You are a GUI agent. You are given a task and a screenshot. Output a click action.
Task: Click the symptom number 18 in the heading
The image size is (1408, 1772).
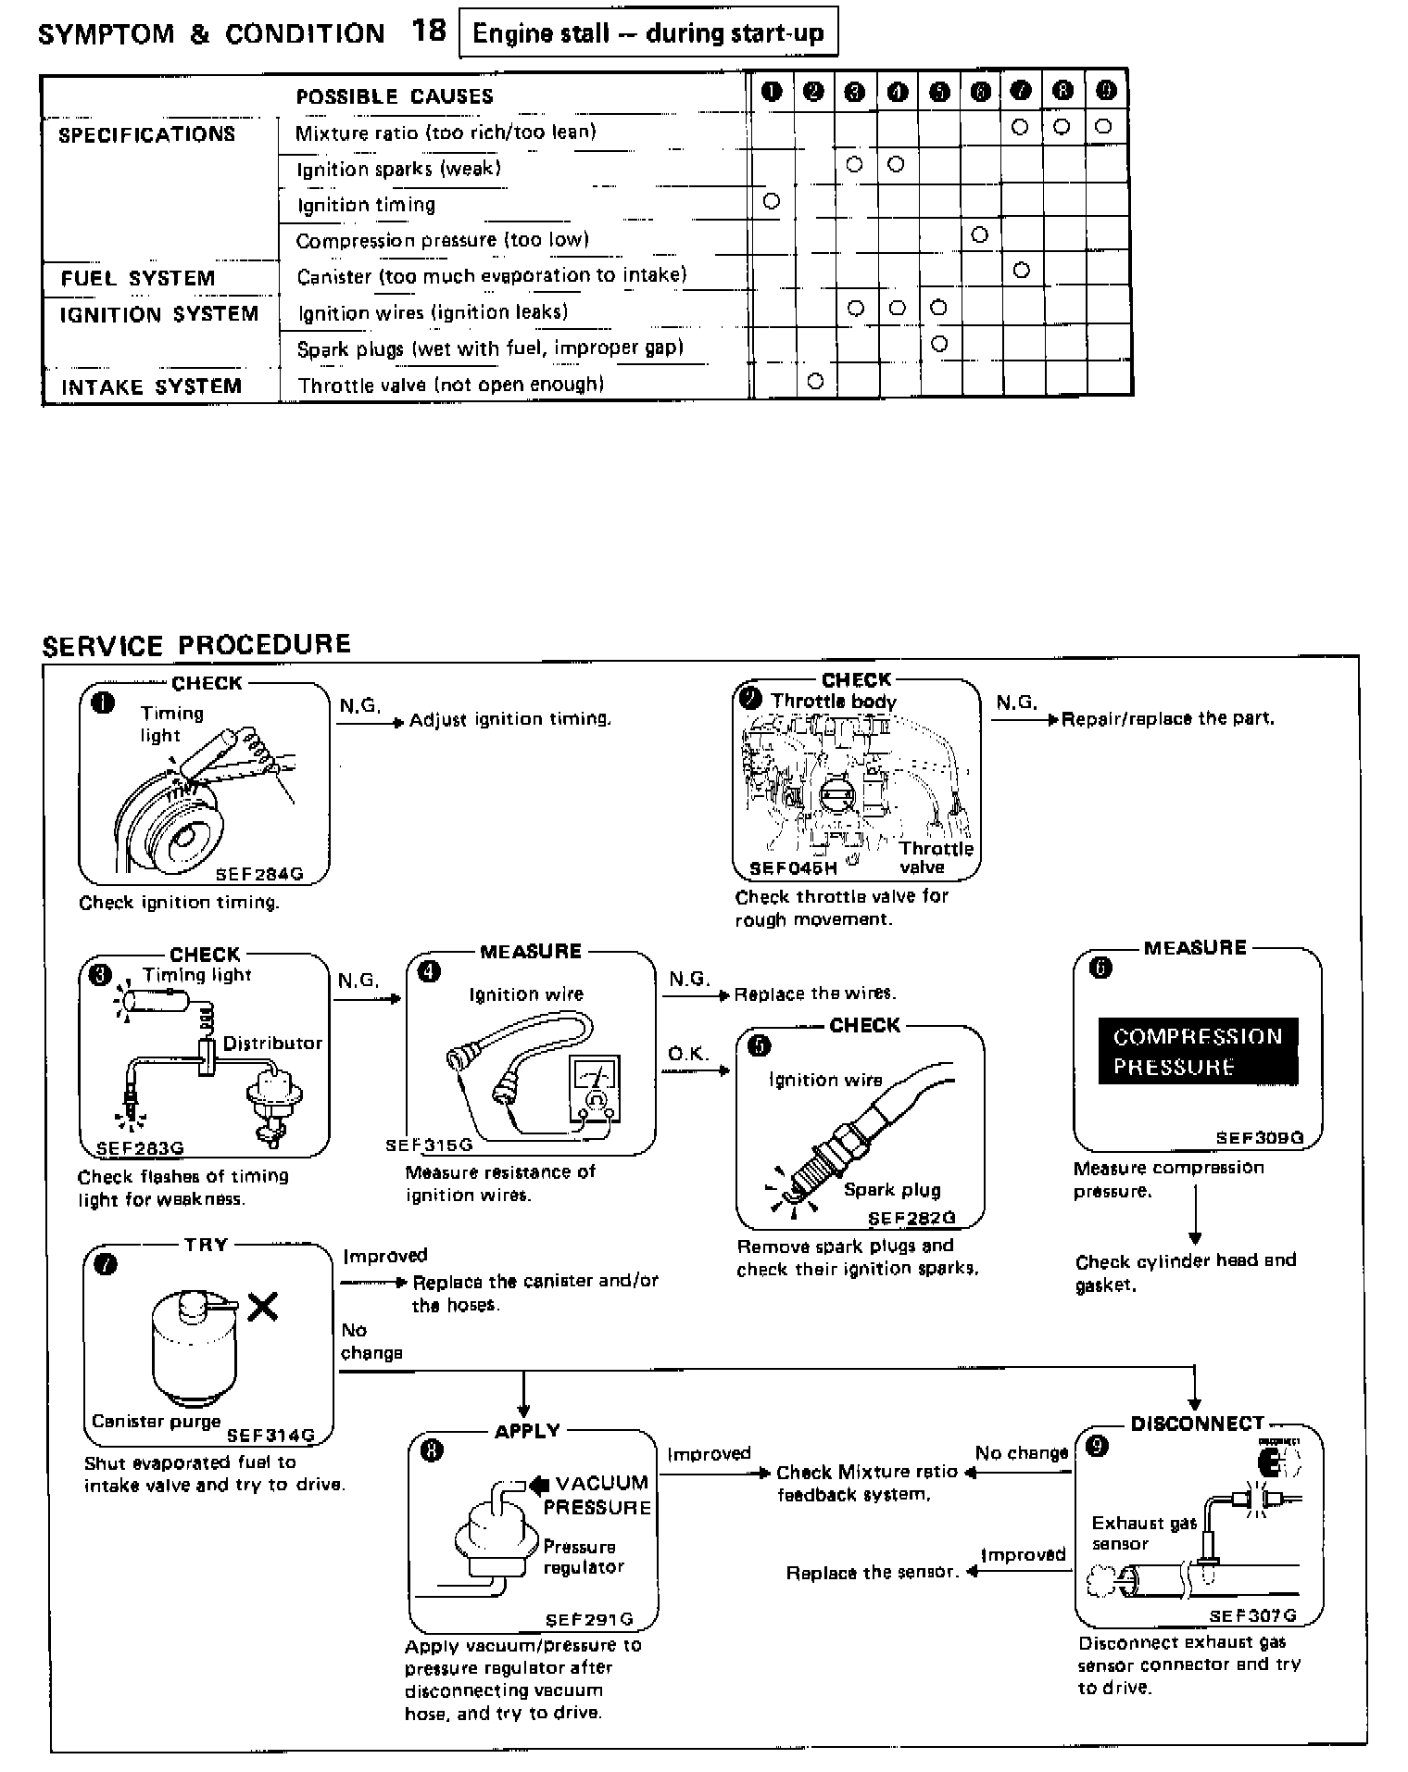click(x=429, y=31)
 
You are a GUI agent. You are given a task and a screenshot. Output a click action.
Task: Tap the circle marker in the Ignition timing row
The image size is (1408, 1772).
click(x=771, y=200)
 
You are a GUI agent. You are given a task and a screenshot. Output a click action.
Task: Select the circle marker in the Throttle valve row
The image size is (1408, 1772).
click(x=815, y=381)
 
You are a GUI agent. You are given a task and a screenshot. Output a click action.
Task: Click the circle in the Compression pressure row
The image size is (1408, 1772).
click(x=979, y=235)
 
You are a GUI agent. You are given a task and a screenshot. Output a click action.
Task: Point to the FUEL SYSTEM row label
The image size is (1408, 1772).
click(x=137, y=279)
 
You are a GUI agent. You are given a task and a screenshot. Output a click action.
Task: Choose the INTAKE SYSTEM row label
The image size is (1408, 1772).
click(x=151, y=386)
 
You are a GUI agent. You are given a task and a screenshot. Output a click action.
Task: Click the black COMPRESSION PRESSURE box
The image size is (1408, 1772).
click(x=1198, y=1051)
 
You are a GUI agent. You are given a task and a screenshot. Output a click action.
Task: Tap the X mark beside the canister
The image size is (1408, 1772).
click(x=263, y=1308)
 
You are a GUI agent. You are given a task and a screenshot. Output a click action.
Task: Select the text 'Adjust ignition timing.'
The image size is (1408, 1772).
click(x=510, y=719)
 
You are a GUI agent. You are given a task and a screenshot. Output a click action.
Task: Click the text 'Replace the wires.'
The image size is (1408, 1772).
click(x=815, y=994)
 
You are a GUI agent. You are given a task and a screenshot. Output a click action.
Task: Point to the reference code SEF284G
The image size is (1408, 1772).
click(x=258, y=873)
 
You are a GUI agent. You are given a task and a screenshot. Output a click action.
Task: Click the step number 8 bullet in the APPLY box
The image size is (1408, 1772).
click(x=432, y=1450)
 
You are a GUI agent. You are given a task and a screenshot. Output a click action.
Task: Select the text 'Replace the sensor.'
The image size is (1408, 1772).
click(x=872, y=1573)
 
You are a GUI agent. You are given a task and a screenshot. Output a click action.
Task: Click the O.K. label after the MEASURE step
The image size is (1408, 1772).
click(x=688, y=1054)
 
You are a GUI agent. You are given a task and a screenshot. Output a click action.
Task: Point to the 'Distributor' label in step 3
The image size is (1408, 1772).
click(x=272, y=1043)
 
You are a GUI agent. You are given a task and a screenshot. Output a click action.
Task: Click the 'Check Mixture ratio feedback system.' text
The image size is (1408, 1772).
click(x=866, y=1483)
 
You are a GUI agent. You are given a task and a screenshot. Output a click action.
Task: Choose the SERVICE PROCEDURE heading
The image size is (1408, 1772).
click(x=196, y=645)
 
